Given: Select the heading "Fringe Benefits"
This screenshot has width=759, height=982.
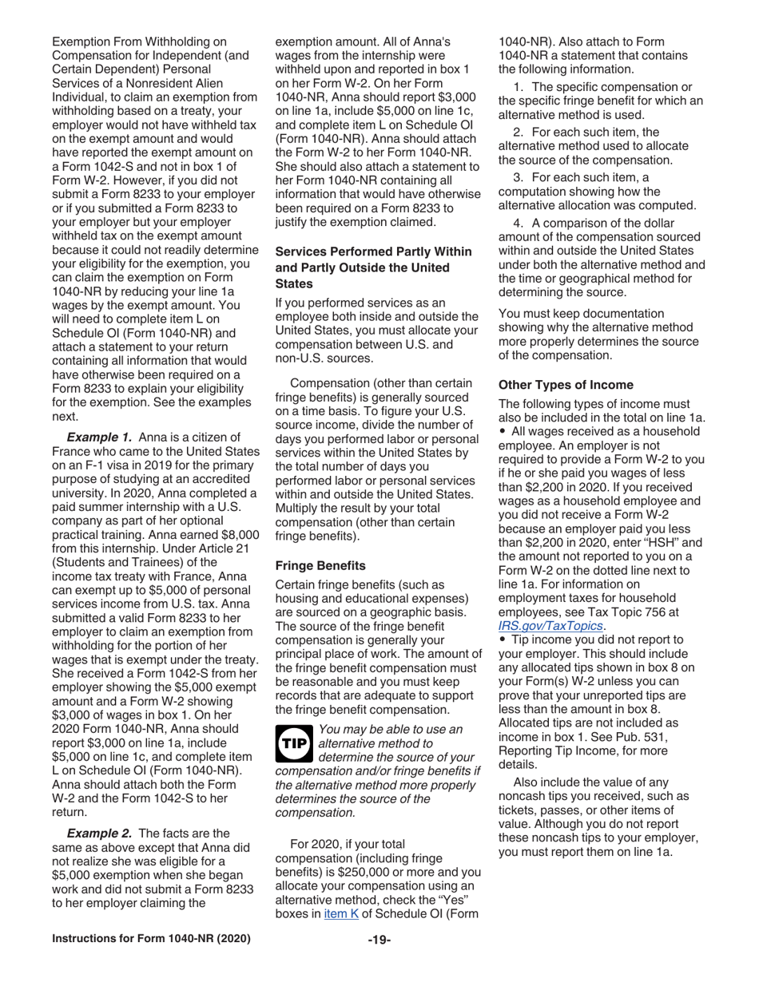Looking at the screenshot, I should point(320,565).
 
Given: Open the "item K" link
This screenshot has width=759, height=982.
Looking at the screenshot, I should point(340,914).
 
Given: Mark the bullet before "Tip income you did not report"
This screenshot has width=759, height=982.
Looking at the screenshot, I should point(503,639).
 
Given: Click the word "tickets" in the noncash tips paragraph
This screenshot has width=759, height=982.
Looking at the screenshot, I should point(519,810).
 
